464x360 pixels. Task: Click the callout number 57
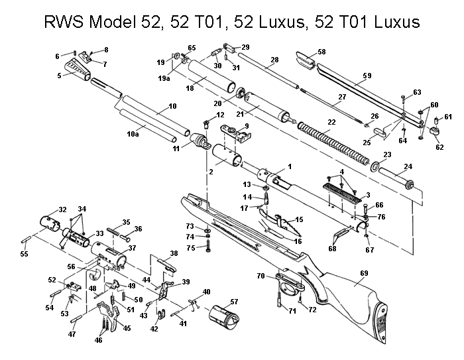pyautogui.click(x=233, y=302)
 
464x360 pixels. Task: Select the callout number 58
pyautogui.click(x=321, y=51)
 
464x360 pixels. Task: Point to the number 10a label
pyautogui.click(x=133, y=135)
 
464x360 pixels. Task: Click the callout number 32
pyautogui.click(x=62, y=210)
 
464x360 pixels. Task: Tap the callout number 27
pyautogui.click(x=342, y=97)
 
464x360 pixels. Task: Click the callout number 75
pyautogui.click(x=190, y=248)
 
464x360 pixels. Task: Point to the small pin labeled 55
pyautogui.click(x=28, y=235)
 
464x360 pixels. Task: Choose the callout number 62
pyautogui.click(x=439, y=147)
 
